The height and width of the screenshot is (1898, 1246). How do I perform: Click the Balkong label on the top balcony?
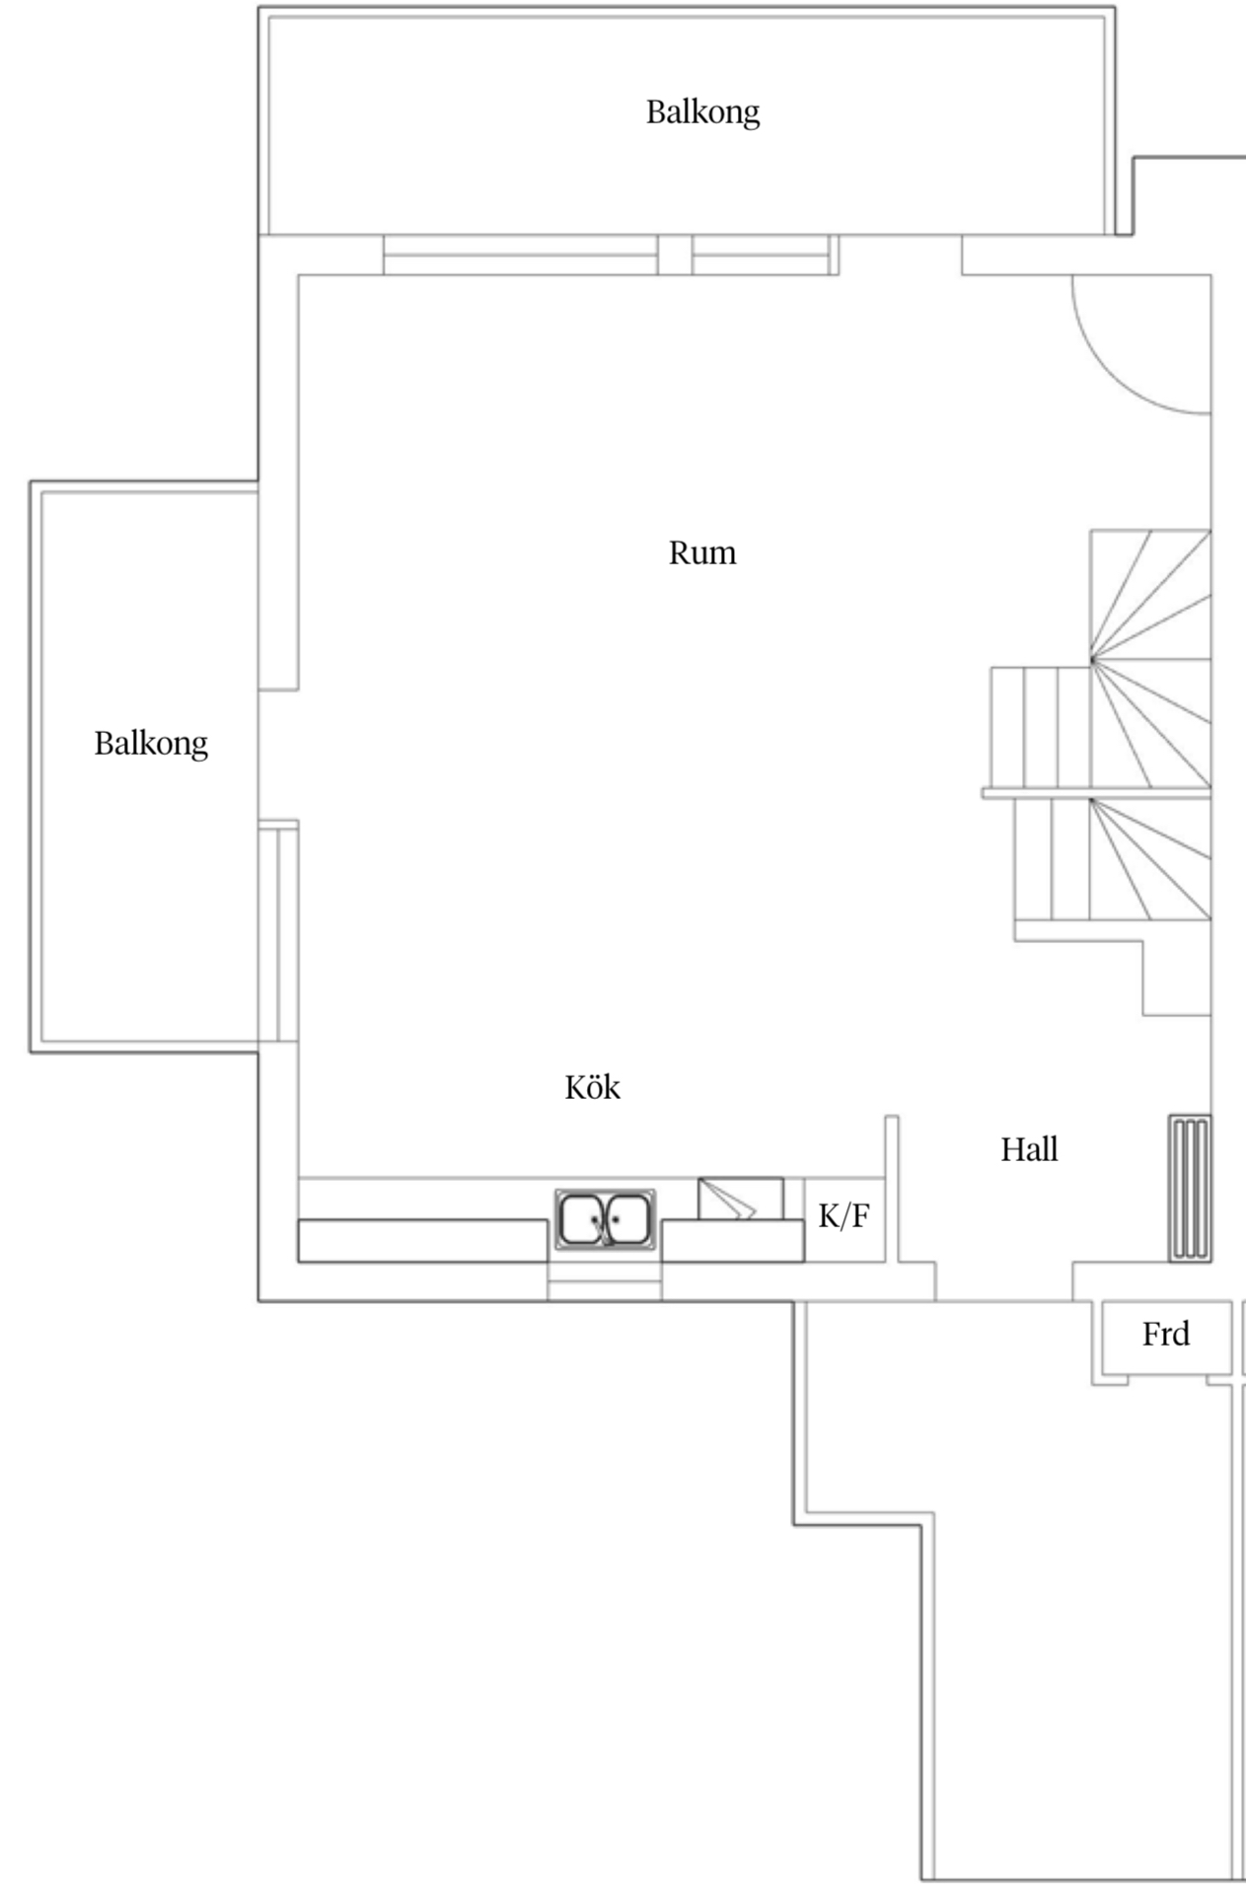click(x=702, y=112)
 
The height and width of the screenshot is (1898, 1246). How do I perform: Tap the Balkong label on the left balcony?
click(x=151, y=744)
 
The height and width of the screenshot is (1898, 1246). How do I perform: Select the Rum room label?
click(x=702, y=552)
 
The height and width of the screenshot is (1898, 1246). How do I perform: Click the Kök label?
click(x=593, y=1087)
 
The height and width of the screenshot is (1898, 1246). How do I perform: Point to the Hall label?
click(x=1029, y=1149)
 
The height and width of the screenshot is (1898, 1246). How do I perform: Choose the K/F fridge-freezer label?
click(x=844, y=1217)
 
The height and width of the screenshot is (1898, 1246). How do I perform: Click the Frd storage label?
click(x=1166, y=1335)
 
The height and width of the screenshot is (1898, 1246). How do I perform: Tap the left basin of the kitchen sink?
click(x=580, y=1220)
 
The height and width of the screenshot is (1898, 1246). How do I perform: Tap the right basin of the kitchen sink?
click(x=627, y=1220)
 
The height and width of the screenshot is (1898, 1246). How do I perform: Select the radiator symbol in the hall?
click(x=1190, y=1189)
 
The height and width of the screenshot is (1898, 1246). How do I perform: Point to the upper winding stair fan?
click(x=1150, y=658)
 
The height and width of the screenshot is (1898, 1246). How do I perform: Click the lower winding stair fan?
click(x=1150, y=858)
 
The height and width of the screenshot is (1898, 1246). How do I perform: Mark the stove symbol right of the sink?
click(x=741, y=1199)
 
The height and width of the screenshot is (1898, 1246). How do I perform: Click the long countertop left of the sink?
click(x=423, y=1240)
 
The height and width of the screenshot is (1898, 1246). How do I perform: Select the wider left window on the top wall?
click(x=520, y=255)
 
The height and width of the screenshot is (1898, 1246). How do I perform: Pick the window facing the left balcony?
click(x=278, y=931)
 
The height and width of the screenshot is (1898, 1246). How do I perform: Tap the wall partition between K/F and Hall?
click(x=891, y=1188)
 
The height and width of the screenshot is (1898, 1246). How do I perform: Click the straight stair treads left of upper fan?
click(x=1040, y=727)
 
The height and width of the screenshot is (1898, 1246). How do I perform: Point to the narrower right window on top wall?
click(x=765, y=255)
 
